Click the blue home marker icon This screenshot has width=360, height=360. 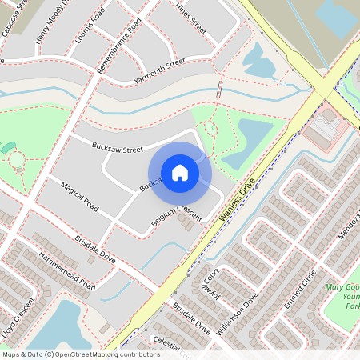pos(180,173)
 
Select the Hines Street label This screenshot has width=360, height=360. pos(190,21)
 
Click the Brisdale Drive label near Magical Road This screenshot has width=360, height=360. pos(95,249)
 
